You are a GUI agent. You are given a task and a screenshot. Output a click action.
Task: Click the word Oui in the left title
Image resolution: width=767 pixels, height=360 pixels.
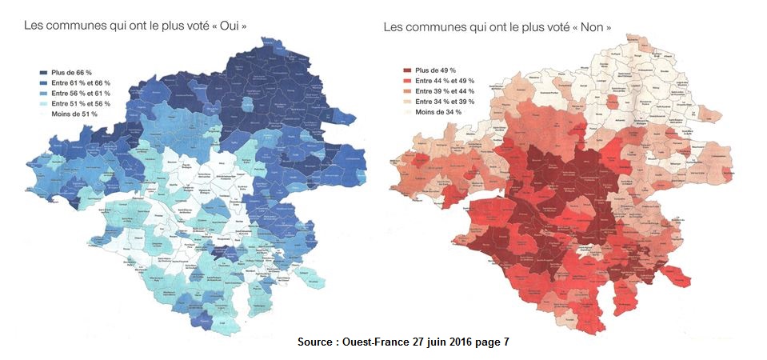229,26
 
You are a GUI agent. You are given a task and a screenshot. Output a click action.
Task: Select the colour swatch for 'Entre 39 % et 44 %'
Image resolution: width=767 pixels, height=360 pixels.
406,91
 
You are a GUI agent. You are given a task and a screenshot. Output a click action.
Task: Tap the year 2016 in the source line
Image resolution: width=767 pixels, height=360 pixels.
457,342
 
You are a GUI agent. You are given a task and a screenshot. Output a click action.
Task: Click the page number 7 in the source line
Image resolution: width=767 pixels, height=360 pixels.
505,342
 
